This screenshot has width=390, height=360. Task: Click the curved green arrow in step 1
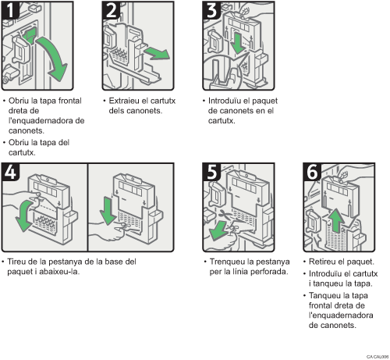click(53, 62)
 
